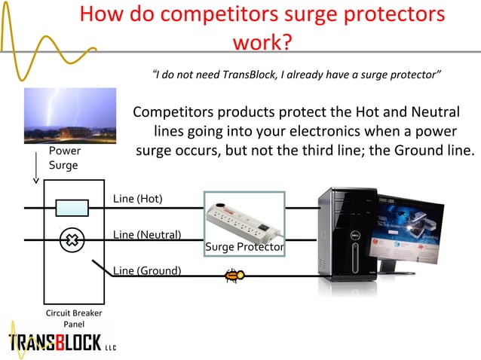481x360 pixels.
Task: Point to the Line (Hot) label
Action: [x=137, y=199]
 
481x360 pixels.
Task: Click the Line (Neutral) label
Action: [x=147, y=234]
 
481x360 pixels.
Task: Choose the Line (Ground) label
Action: [x=146, y=270]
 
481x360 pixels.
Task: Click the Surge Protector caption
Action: [x=244, y=247]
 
